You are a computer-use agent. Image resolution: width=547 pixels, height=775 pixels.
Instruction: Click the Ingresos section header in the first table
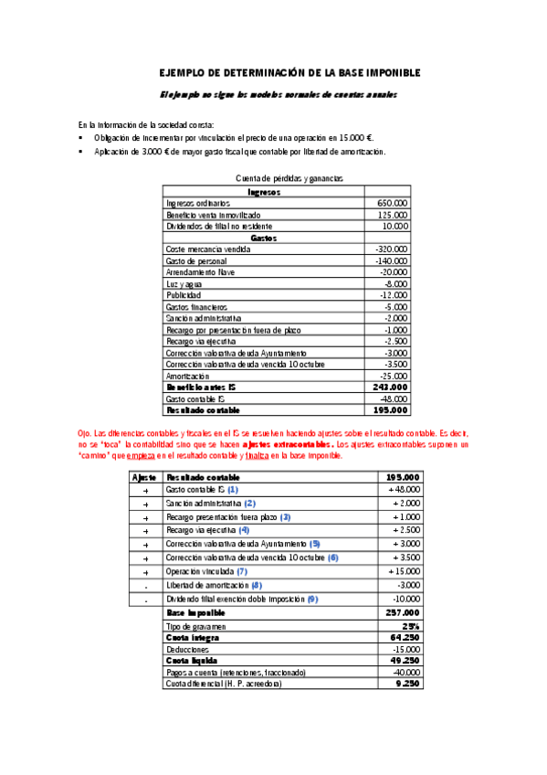click(x=264, y=191)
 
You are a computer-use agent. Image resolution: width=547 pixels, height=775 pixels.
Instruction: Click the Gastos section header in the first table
click(x=264, y=238)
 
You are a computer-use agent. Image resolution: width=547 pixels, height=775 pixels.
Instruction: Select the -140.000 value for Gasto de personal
click(x=391, y=260)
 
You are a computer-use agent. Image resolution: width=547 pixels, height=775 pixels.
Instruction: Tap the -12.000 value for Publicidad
click(x=393, y=295)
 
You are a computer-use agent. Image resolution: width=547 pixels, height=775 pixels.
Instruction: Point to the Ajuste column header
click(x=145, y=477)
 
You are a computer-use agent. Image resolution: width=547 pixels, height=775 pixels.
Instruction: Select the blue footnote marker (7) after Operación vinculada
click(x=242, y=570)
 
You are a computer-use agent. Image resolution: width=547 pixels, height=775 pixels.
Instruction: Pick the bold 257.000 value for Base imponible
click(x=402, y=611)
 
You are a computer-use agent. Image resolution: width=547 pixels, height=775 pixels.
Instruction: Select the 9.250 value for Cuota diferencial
click(x=407, y=683)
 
